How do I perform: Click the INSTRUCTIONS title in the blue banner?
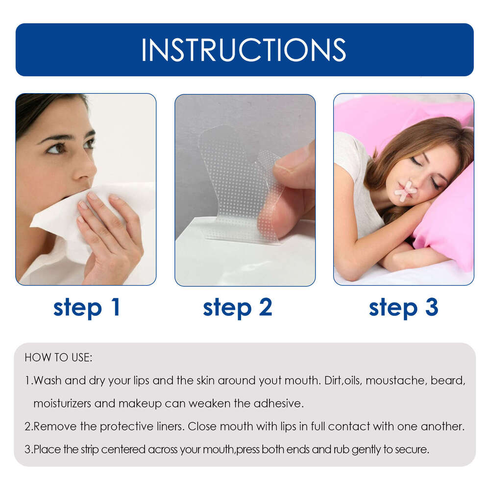244,49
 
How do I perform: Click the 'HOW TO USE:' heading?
58,358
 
